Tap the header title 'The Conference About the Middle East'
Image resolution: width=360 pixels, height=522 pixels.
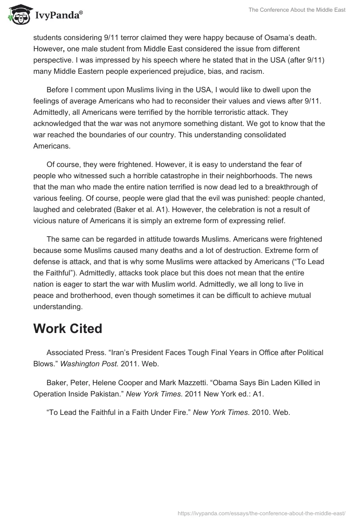[x=297, y=10]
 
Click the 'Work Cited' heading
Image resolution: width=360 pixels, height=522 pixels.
[x=67, y=328]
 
